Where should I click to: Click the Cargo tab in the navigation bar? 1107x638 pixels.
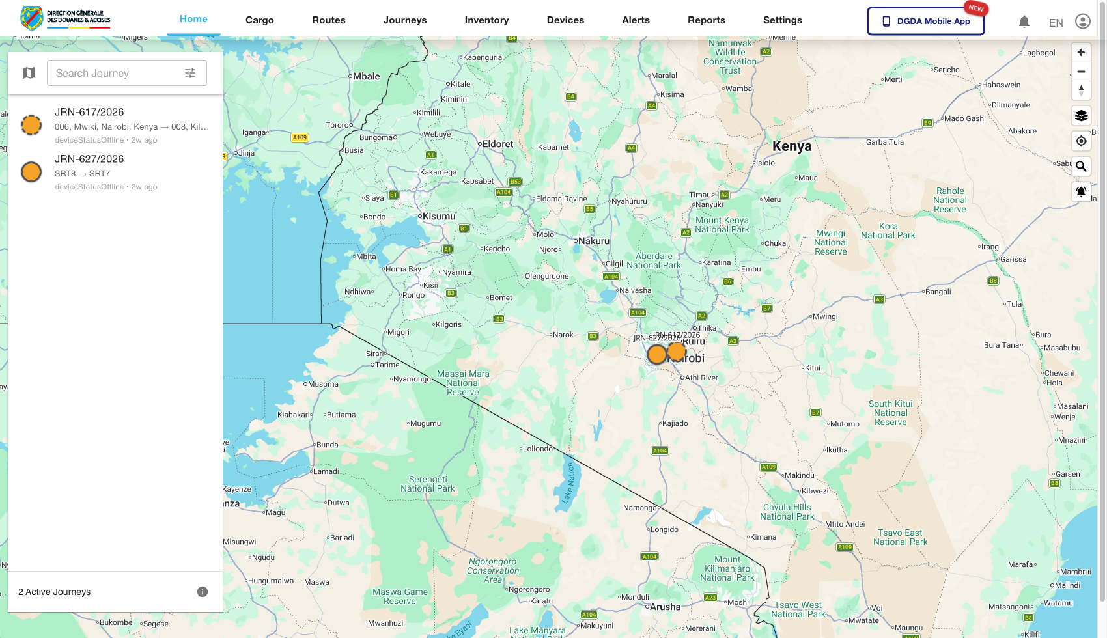(x=259, y=20)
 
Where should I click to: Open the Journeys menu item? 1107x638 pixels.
(x=404, y=20)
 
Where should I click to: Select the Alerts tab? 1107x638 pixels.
(x=636, y=20)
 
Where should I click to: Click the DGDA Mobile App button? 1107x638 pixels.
(x=925, y=21)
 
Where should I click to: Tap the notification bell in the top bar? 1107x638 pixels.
(x=1024, y=22)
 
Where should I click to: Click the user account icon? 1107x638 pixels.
(x=1082, y=21)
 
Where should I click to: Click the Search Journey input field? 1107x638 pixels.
(x=114, y=73)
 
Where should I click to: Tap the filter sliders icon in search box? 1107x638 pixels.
(x=190, y=73)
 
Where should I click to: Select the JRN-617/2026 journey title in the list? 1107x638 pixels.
(x=89, y=112)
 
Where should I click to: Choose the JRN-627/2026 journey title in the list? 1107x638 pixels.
(x=89, y=159)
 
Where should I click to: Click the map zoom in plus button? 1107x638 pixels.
(x=1081, y=53)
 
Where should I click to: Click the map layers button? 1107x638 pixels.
(x=1081, y=116)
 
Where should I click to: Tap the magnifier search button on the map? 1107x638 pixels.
(x=1081, y=167)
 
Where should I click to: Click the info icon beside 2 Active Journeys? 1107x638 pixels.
(x=203, y=592)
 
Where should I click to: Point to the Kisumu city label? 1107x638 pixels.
(x=439, y=216)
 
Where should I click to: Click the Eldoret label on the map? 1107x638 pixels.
(x=497, y=144)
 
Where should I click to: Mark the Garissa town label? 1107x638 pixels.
(x=1013, y=259)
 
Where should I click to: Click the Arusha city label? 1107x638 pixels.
(x=665, y=607)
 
